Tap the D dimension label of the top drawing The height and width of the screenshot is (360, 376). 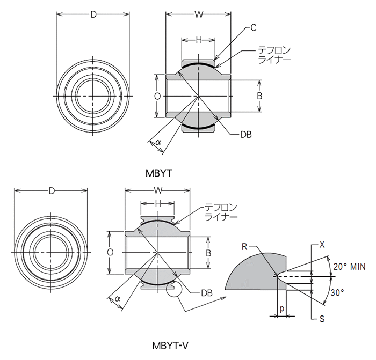(93, 14)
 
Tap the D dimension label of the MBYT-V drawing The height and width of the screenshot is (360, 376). (51, 191)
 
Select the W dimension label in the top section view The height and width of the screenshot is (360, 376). (198, 14)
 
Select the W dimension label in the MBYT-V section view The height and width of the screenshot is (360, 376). (157, 191)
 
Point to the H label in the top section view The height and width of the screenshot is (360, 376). (198, 40)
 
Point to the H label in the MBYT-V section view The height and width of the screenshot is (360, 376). (157, 204)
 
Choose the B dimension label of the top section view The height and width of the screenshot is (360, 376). (259, 96)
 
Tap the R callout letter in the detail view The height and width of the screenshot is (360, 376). (244, 247)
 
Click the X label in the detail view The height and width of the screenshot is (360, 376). (323, 244)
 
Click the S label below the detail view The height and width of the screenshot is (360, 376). (322, 319)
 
